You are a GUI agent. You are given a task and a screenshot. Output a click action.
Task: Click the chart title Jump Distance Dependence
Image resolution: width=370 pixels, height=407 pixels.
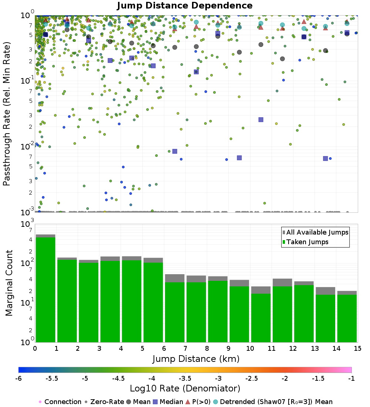point(185,6)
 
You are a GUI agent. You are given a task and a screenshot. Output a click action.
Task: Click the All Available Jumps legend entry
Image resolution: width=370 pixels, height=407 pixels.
point(316,232)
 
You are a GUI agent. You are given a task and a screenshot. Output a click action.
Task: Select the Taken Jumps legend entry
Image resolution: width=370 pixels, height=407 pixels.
point(306,242)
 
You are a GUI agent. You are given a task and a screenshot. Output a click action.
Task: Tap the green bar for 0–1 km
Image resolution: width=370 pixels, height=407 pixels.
point(46,290)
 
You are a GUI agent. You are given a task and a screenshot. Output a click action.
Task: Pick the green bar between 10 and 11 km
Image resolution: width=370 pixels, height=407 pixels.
point(261,318)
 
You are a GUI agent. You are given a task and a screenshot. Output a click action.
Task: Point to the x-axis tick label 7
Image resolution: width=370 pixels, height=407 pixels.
point(185,348)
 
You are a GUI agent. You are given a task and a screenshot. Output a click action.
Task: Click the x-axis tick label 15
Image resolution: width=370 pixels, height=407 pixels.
point(357,348)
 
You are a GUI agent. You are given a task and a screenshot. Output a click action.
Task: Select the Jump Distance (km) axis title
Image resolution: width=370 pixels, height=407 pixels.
point(196,359)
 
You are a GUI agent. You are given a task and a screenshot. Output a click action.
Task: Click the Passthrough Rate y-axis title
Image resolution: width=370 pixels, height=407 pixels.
point(6,114)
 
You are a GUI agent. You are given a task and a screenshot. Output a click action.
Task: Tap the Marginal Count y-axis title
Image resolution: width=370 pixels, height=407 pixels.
point(9,283)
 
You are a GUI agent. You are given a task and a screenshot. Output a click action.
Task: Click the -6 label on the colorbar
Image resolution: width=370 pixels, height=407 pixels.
point(18,379)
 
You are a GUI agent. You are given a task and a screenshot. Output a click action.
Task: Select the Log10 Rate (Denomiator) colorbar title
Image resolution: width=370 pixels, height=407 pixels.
point(185,388)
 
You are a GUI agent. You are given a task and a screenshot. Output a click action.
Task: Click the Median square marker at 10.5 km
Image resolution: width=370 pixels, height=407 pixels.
point(261,120)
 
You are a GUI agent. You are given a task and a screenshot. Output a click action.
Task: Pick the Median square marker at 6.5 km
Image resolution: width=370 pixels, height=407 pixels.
point(175,151)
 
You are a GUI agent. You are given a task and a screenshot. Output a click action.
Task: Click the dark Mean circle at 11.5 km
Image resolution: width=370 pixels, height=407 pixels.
point(283,59)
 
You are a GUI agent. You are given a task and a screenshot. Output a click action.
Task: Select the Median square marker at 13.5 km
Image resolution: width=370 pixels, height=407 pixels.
point(325,158)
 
